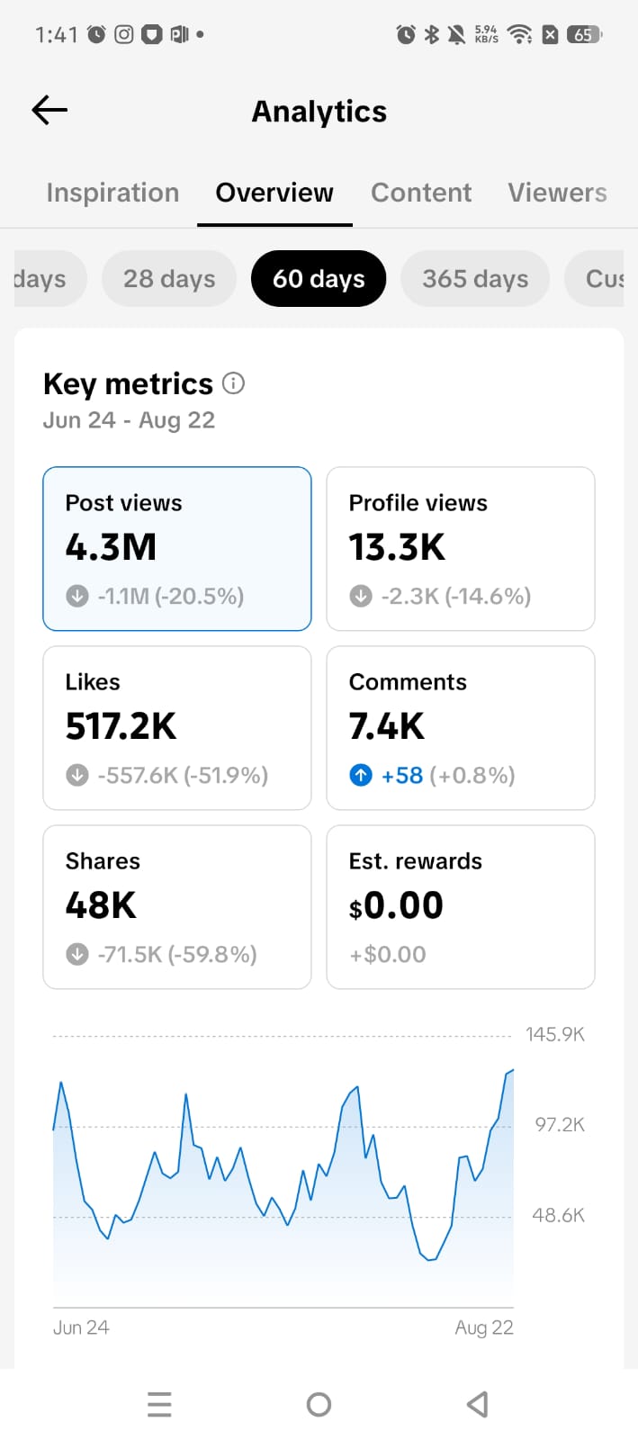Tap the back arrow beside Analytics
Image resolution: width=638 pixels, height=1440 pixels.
(x=49, y=110)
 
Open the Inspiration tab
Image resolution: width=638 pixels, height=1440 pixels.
(x=112, y=193)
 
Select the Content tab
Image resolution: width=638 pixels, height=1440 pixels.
(x=421, y=193)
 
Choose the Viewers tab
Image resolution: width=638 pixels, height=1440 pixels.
(x=557, y=193)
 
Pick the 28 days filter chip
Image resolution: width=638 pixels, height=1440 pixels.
(x=169, y=278)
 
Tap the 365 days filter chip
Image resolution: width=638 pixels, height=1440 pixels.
(x=475, y=278)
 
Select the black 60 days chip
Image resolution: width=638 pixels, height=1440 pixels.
(x=319, y=278)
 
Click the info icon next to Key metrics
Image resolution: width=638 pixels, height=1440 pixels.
(x=233, y=383)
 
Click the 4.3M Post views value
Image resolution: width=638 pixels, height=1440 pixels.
(x=111, y=547)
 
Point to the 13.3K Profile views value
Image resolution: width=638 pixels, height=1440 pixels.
(x=397, y=547)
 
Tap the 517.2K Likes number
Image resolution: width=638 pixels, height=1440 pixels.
(x=121, y=726)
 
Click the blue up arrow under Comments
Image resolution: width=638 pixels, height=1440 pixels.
(x=361, y=775)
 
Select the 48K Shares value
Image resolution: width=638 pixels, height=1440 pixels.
(x=101, y=905)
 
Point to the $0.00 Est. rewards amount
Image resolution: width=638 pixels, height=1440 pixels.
(x=396, y=905)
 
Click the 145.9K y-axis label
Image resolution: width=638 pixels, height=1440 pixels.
(x=555, y=1034)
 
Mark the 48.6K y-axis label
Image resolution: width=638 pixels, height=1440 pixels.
(x=558, y=1215)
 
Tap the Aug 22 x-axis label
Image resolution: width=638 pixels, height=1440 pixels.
(x=484, y=1327)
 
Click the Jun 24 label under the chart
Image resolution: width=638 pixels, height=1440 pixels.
(x=81, y=1327)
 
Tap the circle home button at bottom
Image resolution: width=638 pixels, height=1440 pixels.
(x=319, y=1404)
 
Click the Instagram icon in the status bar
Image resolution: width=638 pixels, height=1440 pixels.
(x=124, y=34)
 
